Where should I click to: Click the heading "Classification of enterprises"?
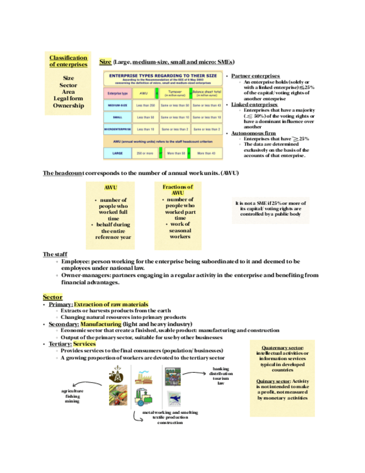(x=68, y=61)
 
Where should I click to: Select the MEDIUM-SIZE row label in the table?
(x=117, y=105)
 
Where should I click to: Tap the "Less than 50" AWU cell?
(x=145, y=117)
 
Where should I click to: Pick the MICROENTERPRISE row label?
(x=118, y=129)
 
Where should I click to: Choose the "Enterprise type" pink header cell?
(x=118, y=93)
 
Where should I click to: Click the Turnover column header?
(x=175, y=92)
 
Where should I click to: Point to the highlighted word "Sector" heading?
(x=52, y=297)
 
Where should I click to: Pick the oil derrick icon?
(x=118, y=374)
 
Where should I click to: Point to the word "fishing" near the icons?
(x=72, y=396)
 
